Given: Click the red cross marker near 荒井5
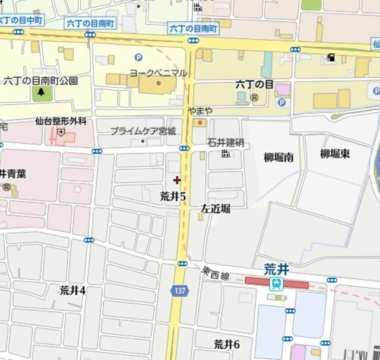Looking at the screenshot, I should [x=177, y=180].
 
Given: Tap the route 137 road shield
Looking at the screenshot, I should [x=179, y=291].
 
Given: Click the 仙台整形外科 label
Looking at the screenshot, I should [x=61, y=122].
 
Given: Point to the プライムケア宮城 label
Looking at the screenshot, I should [x=142, y=131].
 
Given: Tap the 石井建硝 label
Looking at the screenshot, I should [x=226, y=142].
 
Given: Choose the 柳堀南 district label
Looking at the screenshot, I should [x=278, y=157].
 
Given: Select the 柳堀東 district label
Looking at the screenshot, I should [x=335, y=154].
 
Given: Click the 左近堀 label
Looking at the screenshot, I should [x=215, y=209].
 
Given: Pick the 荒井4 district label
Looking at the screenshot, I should [x=72, y=290].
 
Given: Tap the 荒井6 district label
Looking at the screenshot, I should [x=226, y=344].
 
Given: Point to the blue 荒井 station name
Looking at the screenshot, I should [x=276, y=269].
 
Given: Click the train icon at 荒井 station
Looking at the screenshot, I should [x=276, y=283].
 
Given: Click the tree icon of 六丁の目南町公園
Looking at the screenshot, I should [x=41, y=92].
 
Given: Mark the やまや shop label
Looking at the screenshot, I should [x=199, y=111].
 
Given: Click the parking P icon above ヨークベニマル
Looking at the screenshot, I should [x=138, y=58].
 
